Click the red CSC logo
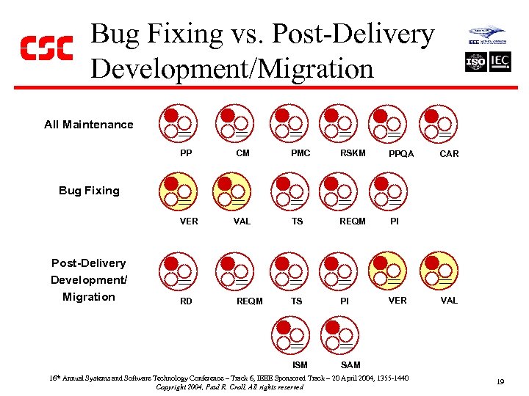(46, 48)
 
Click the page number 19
(500, 381)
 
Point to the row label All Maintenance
(89, 125)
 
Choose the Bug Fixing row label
(89, 191)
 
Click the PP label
(186, 153)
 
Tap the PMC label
(301, 153)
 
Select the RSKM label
(353, 153)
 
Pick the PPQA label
(401, 154)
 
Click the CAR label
(449, 154)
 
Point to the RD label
(186, 301)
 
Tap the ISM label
(300, 364)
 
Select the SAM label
(350, 364)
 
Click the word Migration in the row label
(89, 297)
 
